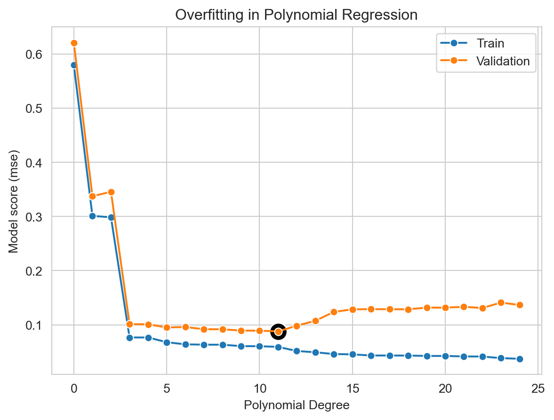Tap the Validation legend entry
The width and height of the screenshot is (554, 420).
click(x=503, y=61)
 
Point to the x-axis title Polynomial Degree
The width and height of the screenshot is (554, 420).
click(x=296, y=405)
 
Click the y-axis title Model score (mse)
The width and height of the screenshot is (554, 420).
click(x=14, y=201)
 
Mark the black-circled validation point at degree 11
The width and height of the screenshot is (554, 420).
click(x=278, y=332)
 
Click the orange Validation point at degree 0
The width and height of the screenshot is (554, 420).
click(x=74, y=43)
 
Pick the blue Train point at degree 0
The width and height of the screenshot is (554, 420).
click(x=74, y=65)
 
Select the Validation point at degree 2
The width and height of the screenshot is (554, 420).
click(x=111, y=192)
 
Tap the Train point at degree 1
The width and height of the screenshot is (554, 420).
click(x=92, y=216)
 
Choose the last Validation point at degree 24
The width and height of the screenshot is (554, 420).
click(x=520, y=305)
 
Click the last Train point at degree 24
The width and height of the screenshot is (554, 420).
click(x=520, y=359)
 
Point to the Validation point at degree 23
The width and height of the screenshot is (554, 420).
click(x=501, y=302)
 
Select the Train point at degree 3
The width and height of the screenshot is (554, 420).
click(x=129, y=338)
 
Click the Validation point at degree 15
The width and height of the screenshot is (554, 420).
click(x=353, y=309)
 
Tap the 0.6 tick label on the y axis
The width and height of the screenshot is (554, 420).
click(x=36, y=55)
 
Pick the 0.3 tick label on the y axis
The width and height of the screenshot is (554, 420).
click(x=36, y=217)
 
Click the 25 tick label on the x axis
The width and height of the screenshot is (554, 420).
click(x=538, y=388)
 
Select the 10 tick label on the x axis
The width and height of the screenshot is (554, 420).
click(x=259, y=388)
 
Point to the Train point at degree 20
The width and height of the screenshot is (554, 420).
click(x=445, y=356)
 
